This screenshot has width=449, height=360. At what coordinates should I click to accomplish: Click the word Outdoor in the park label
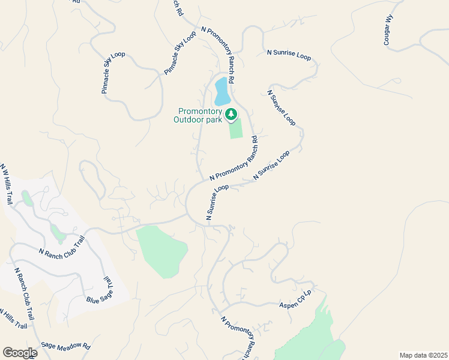pos(190,120)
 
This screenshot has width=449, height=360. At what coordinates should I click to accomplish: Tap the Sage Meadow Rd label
pos(65,346)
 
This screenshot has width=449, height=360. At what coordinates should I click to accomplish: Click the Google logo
pos(20,352)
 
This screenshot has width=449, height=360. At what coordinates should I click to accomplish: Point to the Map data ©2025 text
pos(423,355)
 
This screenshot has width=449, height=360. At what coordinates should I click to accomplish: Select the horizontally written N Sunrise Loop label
pos(289,55)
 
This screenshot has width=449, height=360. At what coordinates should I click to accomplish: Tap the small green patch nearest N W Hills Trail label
pos(27,198)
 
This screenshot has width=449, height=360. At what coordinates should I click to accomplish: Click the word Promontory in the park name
pos(200,112)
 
